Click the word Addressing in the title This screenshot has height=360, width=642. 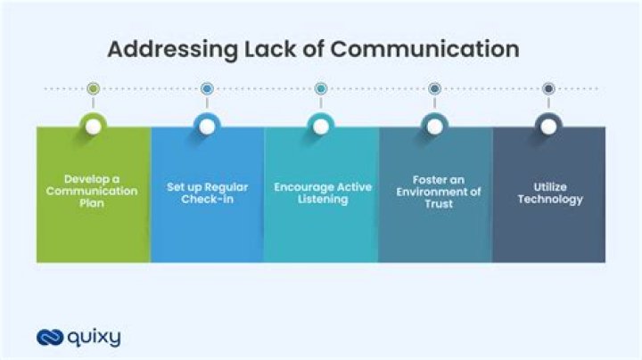point(172,50)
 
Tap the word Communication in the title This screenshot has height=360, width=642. point(425,49)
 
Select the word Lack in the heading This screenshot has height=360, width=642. point(270,49)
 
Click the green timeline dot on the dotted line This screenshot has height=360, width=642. point(94,88)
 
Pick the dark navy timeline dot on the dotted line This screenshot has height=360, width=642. point(548,88)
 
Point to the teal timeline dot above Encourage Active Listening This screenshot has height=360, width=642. point(321,88)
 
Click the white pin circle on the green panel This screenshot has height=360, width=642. point(94,127)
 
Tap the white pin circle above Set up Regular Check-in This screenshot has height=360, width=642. point(207,127)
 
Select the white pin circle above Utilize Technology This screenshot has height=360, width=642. point(548,127)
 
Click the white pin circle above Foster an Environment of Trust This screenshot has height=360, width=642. point(435,127)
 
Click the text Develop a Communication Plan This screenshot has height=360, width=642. point(92,191)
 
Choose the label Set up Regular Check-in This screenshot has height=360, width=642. point(207,193)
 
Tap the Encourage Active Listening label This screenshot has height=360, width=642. point(323,193)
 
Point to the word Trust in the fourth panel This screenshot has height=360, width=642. point(439,204)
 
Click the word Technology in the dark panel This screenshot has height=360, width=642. point(550,200)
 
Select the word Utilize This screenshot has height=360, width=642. point(550,187)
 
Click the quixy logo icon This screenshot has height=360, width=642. point(50,338)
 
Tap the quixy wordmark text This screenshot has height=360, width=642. point(95,339)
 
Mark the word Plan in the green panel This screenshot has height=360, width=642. point(92,203)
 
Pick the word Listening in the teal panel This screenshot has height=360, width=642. point(323,200)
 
